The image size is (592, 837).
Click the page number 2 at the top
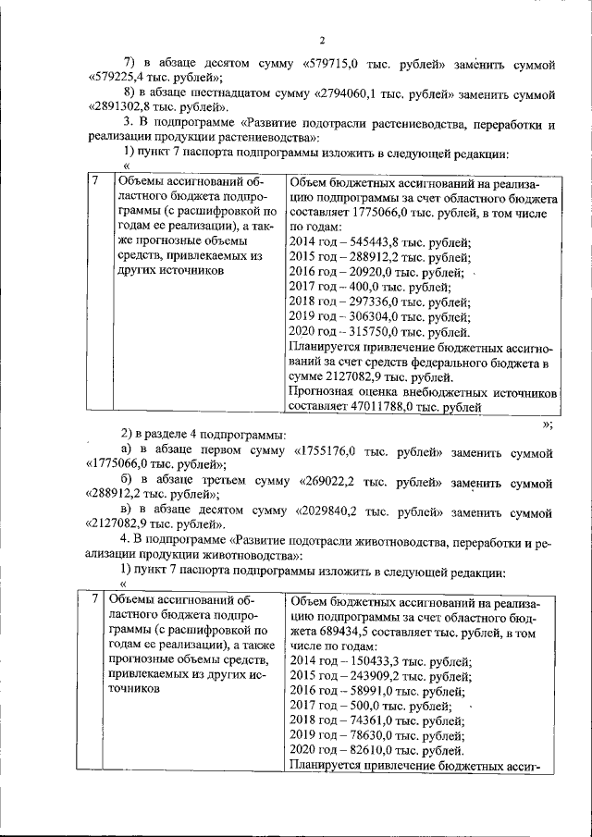(322, 41)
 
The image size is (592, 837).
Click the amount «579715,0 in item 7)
(342, 65)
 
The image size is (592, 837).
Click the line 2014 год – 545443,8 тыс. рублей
(379, 243)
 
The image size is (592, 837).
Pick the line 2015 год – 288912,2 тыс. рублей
(379, 258)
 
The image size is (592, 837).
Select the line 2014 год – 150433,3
(380, 661)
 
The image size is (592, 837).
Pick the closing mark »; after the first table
(548, 425)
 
